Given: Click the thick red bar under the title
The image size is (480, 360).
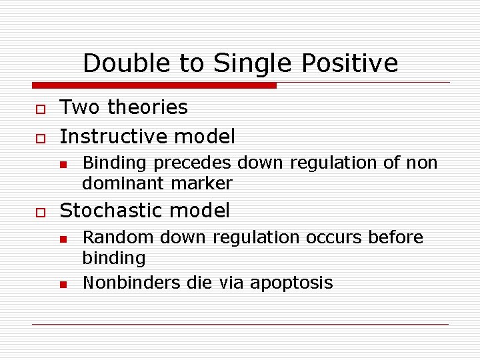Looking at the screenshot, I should (x=154, y=85).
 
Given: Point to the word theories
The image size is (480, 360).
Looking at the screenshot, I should (x=147, y=107).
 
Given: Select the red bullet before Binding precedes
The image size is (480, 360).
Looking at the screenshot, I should (x=63, y=163).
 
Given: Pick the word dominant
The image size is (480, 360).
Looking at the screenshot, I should (x=124, y=183).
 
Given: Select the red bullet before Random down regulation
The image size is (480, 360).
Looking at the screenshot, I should (x=63, y=238).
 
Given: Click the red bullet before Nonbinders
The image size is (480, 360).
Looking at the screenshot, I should (x=63, y=284).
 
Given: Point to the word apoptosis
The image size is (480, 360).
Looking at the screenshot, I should (x=291, y=283).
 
